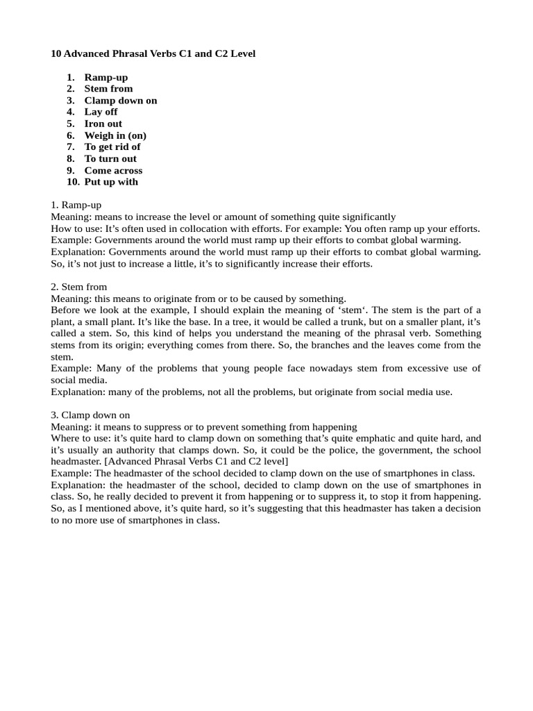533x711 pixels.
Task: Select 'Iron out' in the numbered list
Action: pos(103,124)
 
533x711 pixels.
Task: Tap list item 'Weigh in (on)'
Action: pos(115,135)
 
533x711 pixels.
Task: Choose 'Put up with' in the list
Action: pos(111,182)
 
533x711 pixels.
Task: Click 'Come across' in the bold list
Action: pos(113,170)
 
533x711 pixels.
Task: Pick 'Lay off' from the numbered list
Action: pos(101,112)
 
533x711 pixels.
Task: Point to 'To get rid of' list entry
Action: pos(112,147)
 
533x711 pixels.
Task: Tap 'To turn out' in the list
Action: pos(110,158)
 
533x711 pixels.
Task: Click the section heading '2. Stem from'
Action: pos(78,287)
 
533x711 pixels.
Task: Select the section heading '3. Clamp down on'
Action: pos(90,415)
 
